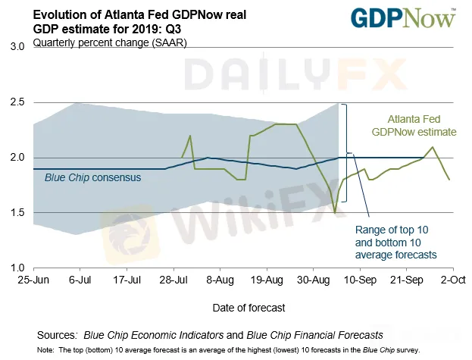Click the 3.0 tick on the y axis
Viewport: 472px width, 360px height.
click(x=17, y=46)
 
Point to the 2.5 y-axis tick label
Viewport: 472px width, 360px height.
click(x=17, y=102)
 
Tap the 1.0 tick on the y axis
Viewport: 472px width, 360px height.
click(x=17, y=268)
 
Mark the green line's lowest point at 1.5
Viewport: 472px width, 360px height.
click(x=335, y=212)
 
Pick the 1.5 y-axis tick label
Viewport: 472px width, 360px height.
click(x=17, y=212)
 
